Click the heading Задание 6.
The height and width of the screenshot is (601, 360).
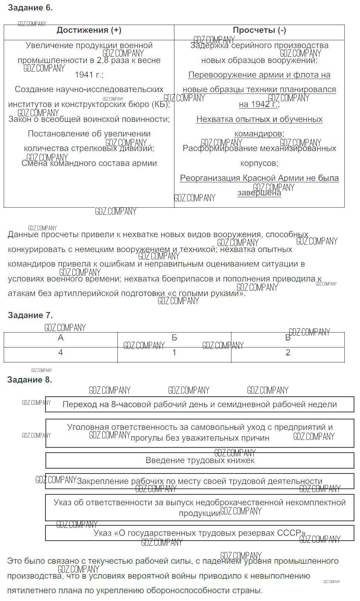tap(30, 8)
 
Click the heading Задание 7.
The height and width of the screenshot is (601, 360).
tap(30, 315)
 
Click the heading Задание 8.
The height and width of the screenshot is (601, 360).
tap(30, 380)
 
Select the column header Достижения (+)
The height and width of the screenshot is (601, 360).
tap(89, 31)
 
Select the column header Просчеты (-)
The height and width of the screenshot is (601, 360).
tap(259, 31)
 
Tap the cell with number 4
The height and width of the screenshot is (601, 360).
tap(61, 353)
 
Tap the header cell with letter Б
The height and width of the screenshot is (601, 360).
tap(174, 338)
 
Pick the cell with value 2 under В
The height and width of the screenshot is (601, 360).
tap(288, 353)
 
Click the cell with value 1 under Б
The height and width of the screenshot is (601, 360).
tap(174, 353)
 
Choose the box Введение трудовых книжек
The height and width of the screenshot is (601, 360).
tap(200, 460)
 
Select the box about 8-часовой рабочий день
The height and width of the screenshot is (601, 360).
tap(200, 405)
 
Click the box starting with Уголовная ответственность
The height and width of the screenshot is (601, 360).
tap(200, 432)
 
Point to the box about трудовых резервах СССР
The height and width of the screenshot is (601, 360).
tap(200, 533)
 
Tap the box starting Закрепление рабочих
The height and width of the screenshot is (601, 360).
tap(200, 481)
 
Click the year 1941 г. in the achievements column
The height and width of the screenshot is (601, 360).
tap(89, 75)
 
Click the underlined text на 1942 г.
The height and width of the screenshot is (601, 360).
tap(259, 104)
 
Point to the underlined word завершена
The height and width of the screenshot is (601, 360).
tap(259, 193)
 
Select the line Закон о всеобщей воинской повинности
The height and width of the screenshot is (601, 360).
tap(89, 119)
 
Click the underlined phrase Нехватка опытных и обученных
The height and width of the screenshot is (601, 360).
tap(259, 119)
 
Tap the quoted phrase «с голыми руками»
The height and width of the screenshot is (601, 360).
tap(208, 293)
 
